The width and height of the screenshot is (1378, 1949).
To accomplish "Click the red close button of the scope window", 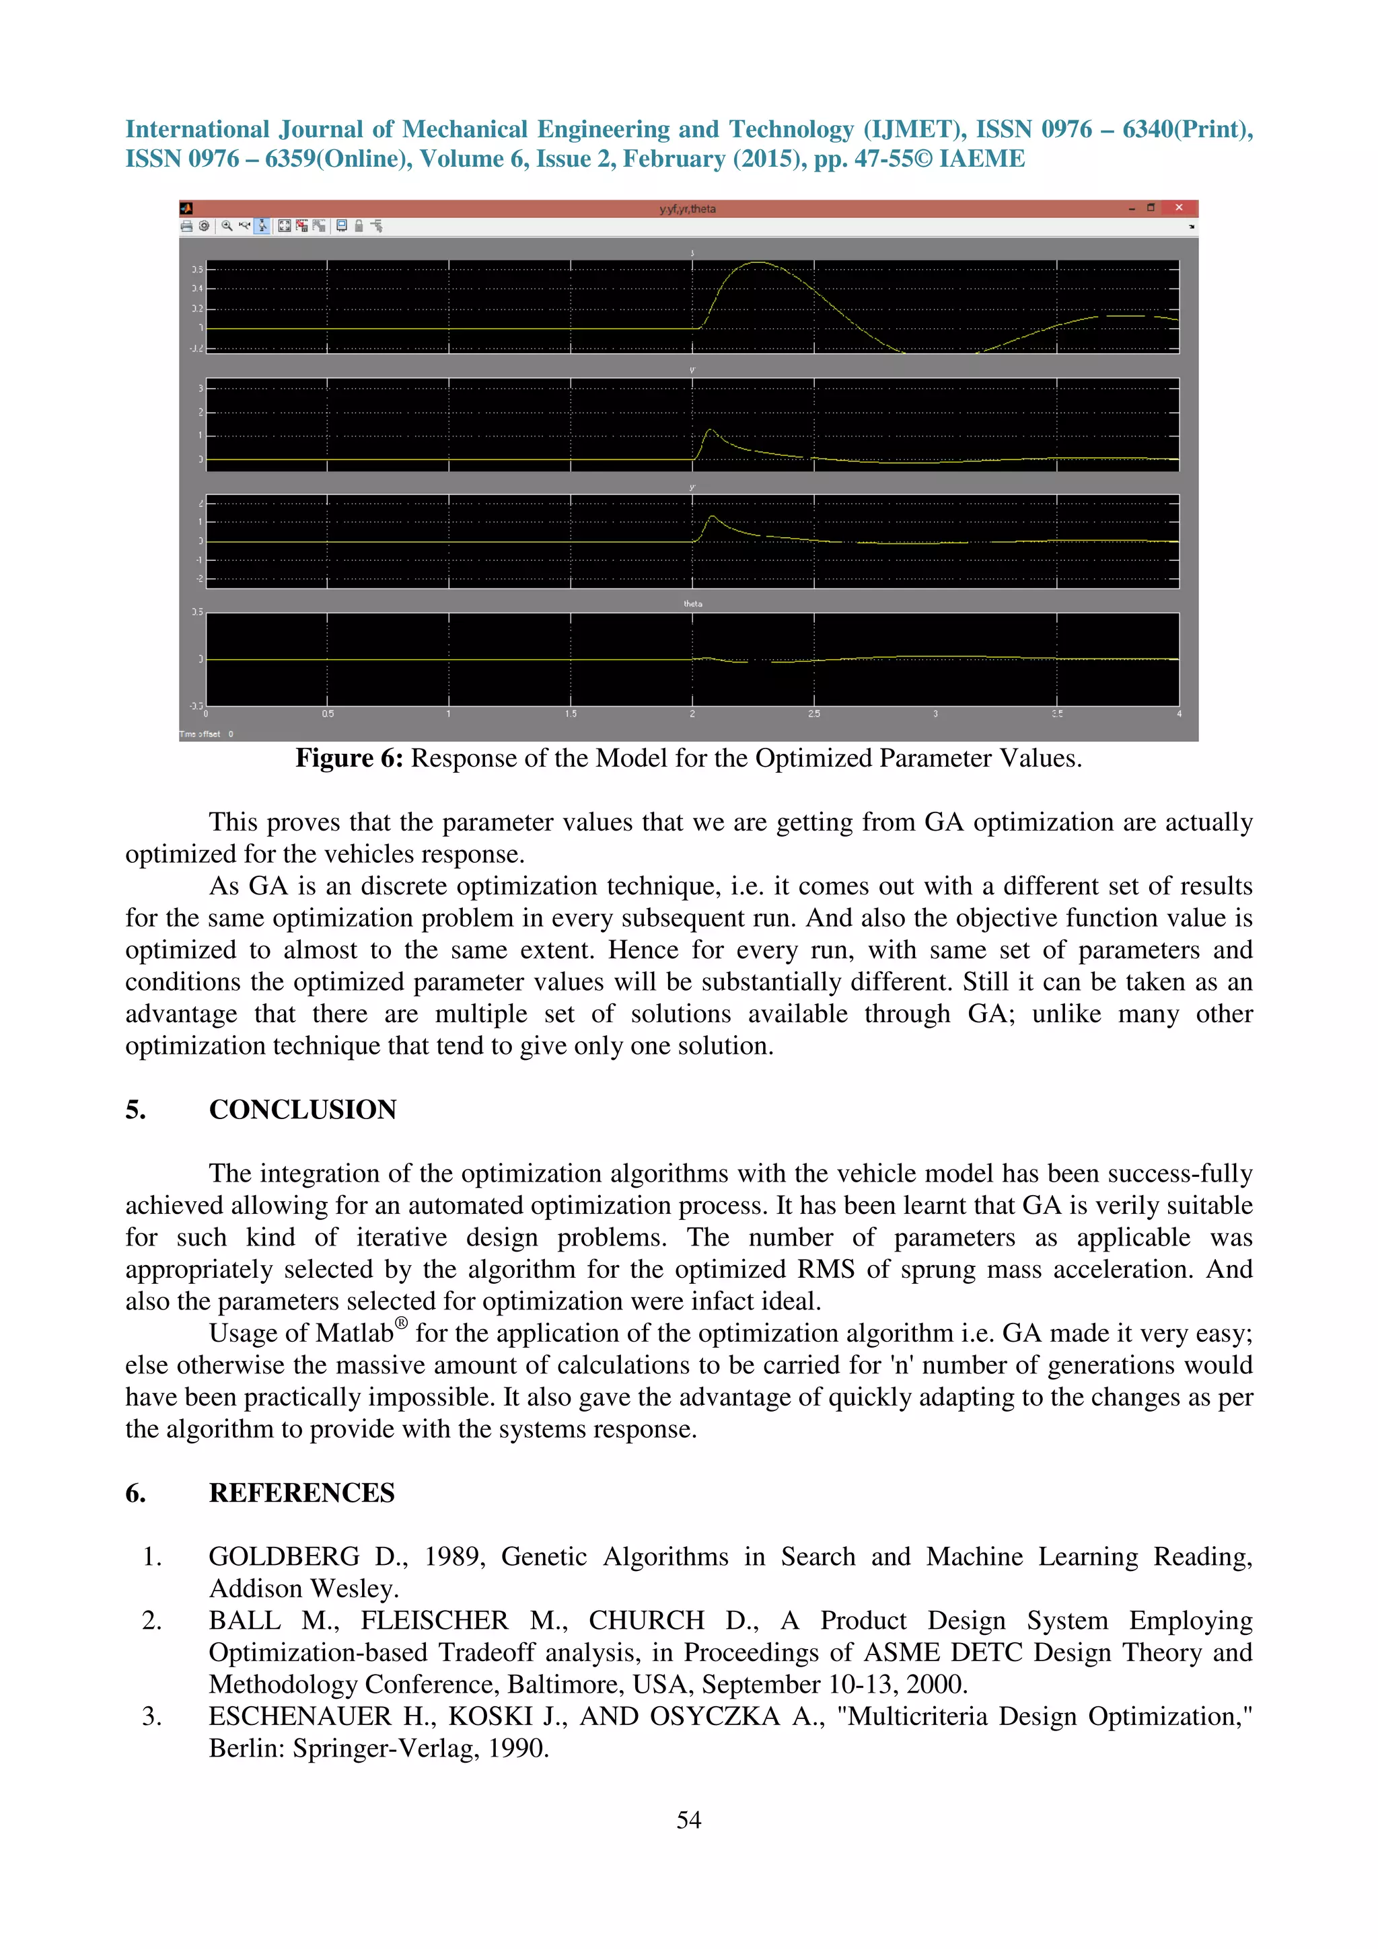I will tap(1178, 208).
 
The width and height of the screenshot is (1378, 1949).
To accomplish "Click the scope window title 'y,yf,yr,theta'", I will tap(688, 208).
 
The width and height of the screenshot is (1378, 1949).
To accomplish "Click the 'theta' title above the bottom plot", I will tap(693, 603).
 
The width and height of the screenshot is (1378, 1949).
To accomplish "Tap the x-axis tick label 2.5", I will tap(814, 714).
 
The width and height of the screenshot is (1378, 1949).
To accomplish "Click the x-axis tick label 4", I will tap(1178, 714).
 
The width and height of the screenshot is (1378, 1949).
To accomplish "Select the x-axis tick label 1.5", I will tap(571, 714).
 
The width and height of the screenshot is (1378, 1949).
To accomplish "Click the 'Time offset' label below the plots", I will tap(200, 734).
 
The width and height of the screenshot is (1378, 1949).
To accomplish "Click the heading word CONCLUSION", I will tap(302, 1110).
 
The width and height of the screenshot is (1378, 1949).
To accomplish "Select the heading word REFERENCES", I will tap(301, 1492).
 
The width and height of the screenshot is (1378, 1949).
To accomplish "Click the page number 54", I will tap(688, 1819).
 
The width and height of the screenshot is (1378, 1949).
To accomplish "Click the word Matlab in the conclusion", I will tap(354, 1334).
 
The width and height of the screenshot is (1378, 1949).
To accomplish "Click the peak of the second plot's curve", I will tap(711, 430).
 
